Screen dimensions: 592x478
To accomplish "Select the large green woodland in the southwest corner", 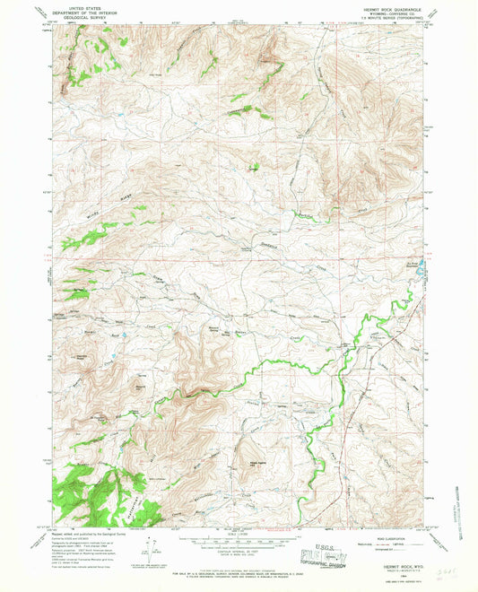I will click(90, 498).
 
